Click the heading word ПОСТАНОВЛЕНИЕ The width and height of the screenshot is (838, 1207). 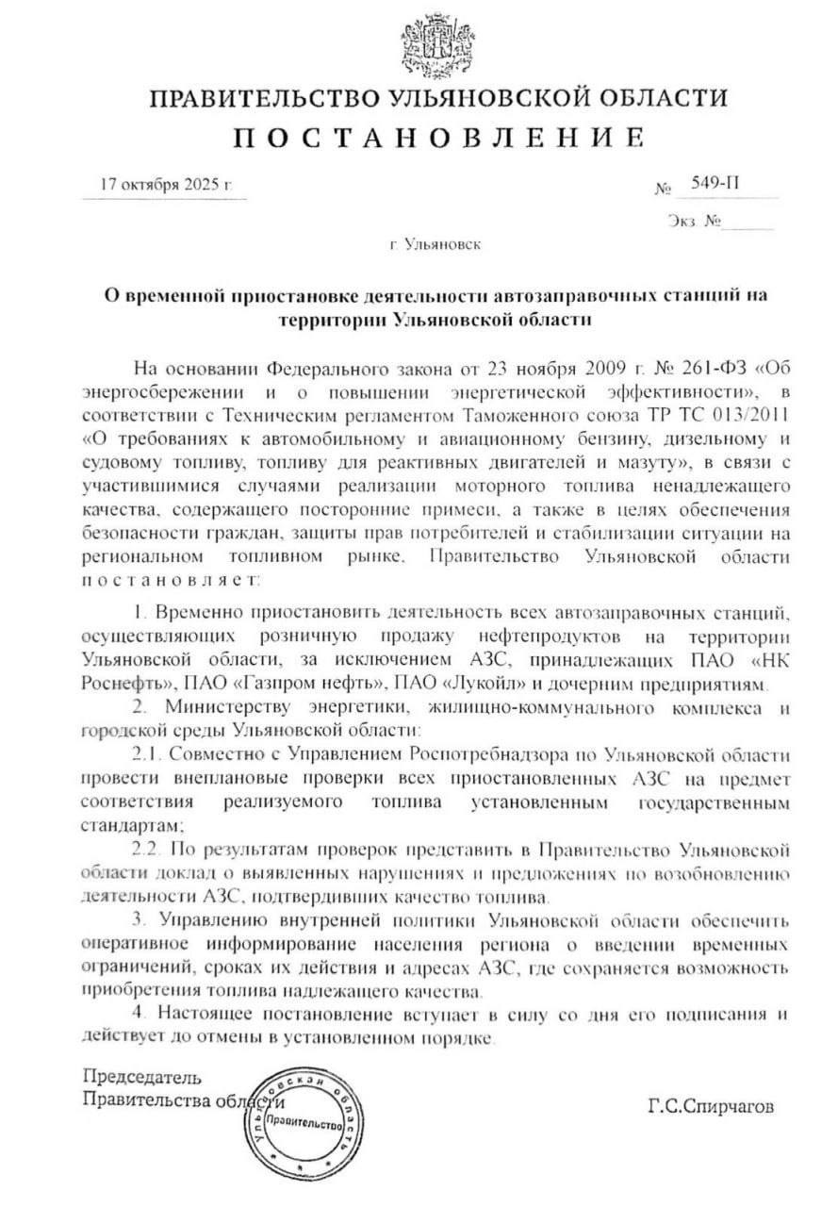[439, 139]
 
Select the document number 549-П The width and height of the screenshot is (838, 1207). [714, 183]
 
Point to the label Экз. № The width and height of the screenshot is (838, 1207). [693, 223]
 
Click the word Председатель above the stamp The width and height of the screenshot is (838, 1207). [142, 1076]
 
